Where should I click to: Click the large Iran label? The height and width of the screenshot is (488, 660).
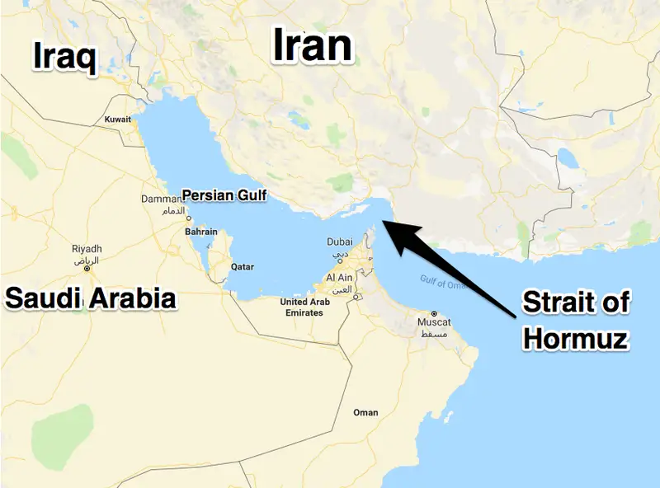[313, 46]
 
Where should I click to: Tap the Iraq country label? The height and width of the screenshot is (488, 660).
[64, 57]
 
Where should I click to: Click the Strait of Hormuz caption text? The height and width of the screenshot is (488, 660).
[576, 320]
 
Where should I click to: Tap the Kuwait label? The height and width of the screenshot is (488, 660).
[118, 120]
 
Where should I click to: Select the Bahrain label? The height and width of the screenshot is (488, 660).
[201, 232]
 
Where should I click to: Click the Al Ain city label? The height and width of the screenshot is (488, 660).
[342, 279]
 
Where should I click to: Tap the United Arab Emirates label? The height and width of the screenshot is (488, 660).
[305, 307]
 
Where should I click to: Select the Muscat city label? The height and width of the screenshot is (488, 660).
[434, 321]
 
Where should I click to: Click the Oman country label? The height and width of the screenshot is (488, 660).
[365, 412]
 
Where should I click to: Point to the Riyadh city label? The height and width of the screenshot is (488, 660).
[87, 249]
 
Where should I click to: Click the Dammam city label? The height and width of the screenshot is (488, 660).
[161, 199]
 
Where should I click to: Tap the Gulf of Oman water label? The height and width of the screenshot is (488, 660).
[443, 282]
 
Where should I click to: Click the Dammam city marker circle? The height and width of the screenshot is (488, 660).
[189, 218]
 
